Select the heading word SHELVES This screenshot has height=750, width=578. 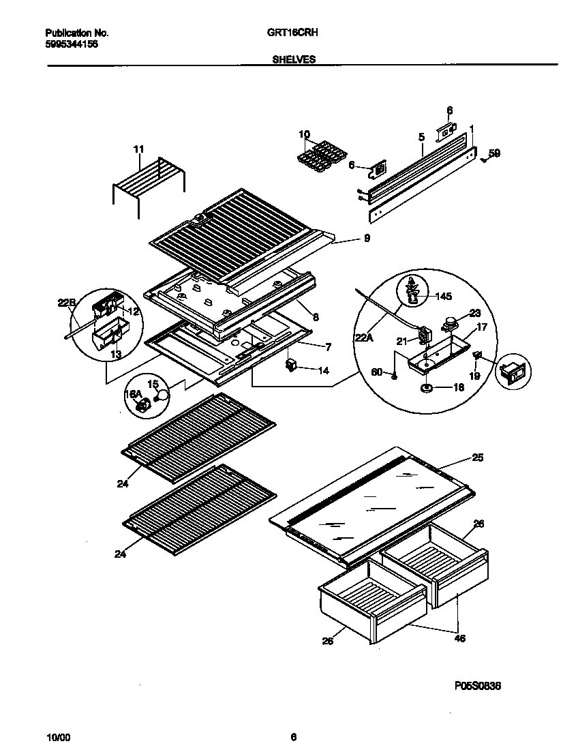coord(294,59)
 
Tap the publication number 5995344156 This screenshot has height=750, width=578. coord(71,43)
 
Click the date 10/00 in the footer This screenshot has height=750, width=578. coord(57,737)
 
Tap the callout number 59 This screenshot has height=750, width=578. coord(494,153)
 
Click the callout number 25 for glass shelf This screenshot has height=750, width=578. coord(477,457)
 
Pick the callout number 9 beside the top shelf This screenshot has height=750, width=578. coord(367,239)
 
